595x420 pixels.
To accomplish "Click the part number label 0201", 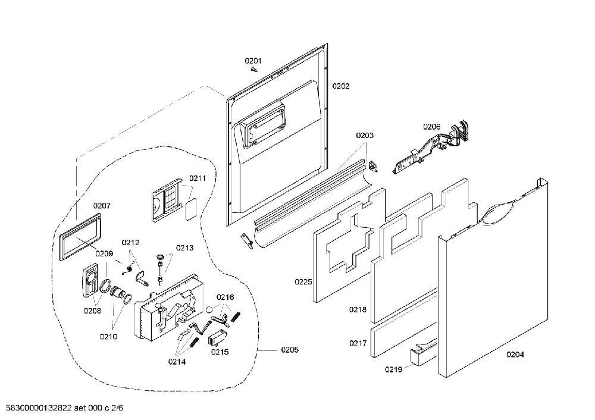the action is (x=253, y=61).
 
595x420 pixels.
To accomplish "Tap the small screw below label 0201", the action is (x=254, y=70).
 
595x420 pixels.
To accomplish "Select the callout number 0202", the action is (x=341, y=86).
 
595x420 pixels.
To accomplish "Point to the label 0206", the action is (x=432, y=127).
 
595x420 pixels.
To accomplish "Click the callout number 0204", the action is (x=515, y=355).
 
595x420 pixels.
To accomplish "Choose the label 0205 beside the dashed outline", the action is (x=290, y=350).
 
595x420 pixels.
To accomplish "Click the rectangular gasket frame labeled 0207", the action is (x=80, y=236).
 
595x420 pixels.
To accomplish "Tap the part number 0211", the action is (x=198, y=178).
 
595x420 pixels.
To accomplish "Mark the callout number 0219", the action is (x=393, y=369).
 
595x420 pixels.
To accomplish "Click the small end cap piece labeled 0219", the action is (x=419, y=355).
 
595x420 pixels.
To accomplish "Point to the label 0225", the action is (x=303, y=282).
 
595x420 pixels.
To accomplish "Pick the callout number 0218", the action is (x=358, y=309).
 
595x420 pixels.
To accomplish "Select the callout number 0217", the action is (x=358, y=343).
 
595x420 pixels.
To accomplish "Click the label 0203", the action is (x=365, y=136).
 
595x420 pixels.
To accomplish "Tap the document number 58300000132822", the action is (x=39, y=408).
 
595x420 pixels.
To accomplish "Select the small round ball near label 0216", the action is (x=210, y=309).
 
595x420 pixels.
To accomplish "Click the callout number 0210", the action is (x=108, y=337).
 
